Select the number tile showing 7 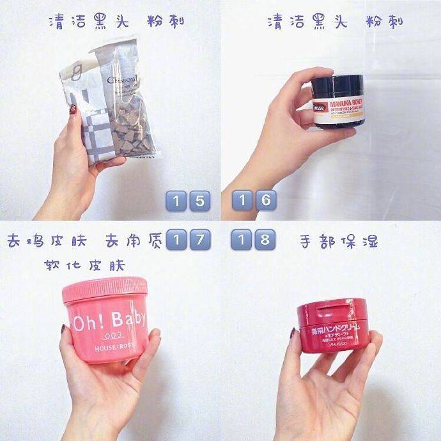point(199,241)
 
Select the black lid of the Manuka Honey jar point(337,84)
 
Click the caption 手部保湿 point(338,242)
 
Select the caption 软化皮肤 point(84,265)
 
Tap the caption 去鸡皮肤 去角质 point(83,242)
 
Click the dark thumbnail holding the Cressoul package point(73,111)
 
